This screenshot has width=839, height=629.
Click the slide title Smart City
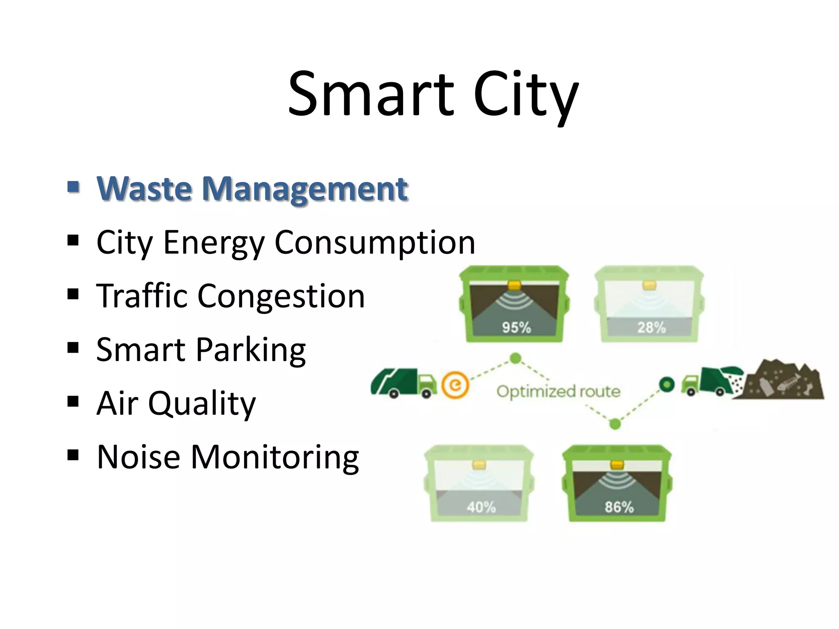[433, 95]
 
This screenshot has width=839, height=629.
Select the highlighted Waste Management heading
[252, 189]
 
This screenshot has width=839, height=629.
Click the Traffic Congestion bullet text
[230, 296]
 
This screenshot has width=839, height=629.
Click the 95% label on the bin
[516, 328]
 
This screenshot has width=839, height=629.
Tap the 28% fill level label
[651, 328]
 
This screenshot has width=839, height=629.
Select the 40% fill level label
[481, 507]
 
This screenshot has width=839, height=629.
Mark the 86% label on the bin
[619, 507]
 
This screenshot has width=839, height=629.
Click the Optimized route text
[558, 391]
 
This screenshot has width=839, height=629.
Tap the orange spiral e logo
[455, 385]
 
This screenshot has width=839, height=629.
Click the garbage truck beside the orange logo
[404, 383]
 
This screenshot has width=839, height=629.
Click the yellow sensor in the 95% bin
[514, 285]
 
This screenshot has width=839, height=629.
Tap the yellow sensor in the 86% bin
[617, 465]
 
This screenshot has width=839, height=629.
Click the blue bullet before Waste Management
[73, 187]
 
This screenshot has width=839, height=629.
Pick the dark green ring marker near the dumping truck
[667, 384]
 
